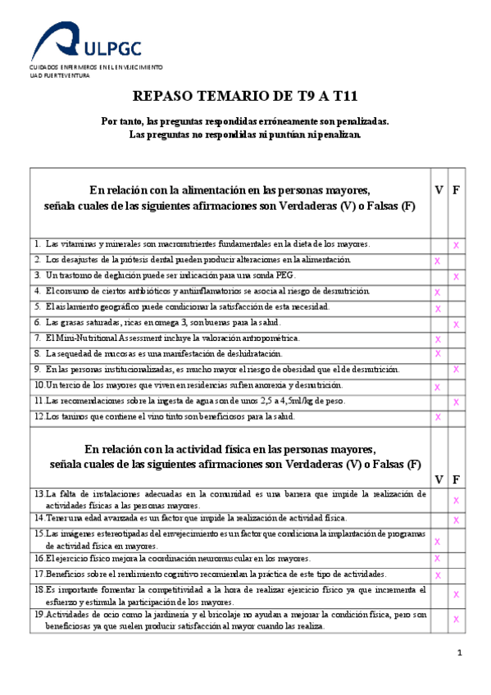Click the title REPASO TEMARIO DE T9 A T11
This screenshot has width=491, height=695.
(244, 96)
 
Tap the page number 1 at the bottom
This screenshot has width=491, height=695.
(461, 652)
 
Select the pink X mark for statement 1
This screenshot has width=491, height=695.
(456, 245)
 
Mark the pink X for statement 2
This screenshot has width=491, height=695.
(438, 261)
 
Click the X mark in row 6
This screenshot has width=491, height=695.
(456, 324)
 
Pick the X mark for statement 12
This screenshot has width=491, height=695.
(438, 417)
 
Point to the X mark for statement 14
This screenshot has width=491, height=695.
(456, 520)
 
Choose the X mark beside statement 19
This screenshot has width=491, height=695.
(456, 620)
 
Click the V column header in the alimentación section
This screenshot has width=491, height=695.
(439, 190)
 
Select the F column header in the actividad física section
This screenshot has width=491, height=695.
(456, 479)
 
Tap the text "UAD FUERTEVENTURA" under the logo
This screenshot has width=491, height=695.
(60, 75)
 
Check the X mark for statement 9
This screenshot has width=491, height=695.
(456, 370)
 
